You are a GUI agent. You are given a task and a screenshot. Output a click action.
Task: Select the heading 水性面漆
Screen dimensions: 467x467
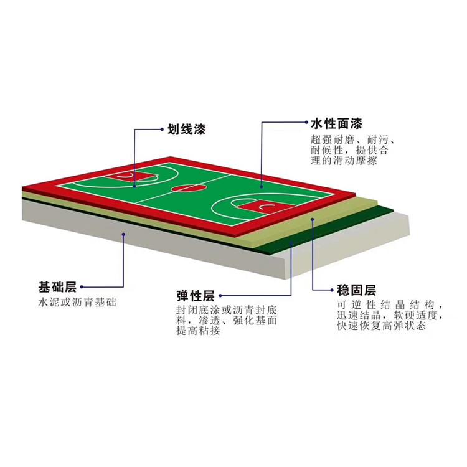point(336,123)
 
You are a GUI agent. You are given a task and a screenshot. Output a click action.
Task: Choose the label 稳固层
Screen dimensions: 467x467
point(357,291)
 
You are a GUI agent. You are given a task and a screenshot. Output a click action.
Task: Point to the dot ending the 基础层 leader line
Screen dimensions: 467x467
point(125,235)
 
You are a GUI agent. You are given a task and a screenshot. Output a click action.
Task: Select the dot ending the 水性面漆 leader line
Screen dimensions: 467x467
point(261,185)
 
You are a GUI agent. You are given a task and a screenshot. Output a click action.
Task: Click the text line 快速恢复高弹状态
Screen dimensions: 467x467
point(381,326)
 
